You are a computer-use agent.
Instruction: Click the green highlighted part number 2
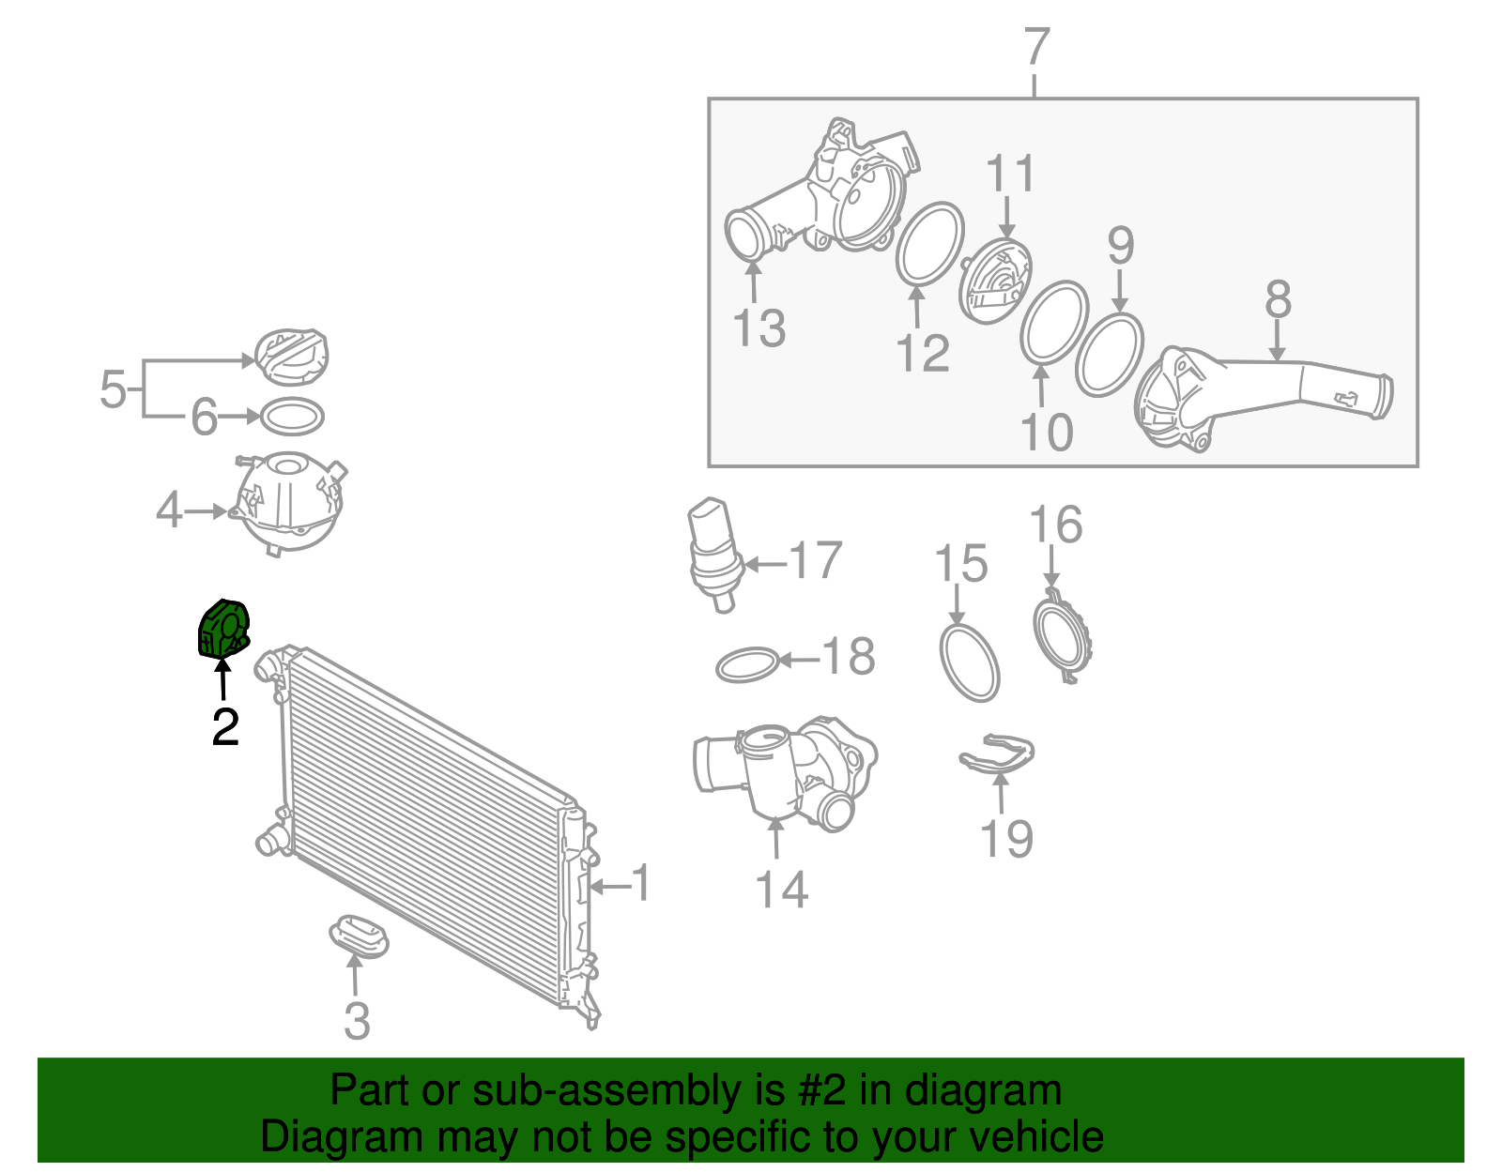coord(223,629)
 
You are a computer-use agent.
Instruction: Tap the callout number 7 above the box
coord(1036,47)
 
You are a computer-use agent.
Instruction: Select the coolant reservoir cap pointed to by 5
coord(292,358)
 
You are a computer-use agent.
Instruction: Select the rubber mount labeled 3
coord(359,936)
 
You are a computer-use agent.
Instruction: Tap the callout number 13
coord(759,328)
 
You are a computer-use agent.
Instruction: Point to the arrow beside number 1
coord(610,886)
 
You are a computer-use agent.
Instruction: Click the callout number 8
coord(1278,299)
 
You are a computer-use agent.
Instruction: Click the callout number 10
coord(1047,433)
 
